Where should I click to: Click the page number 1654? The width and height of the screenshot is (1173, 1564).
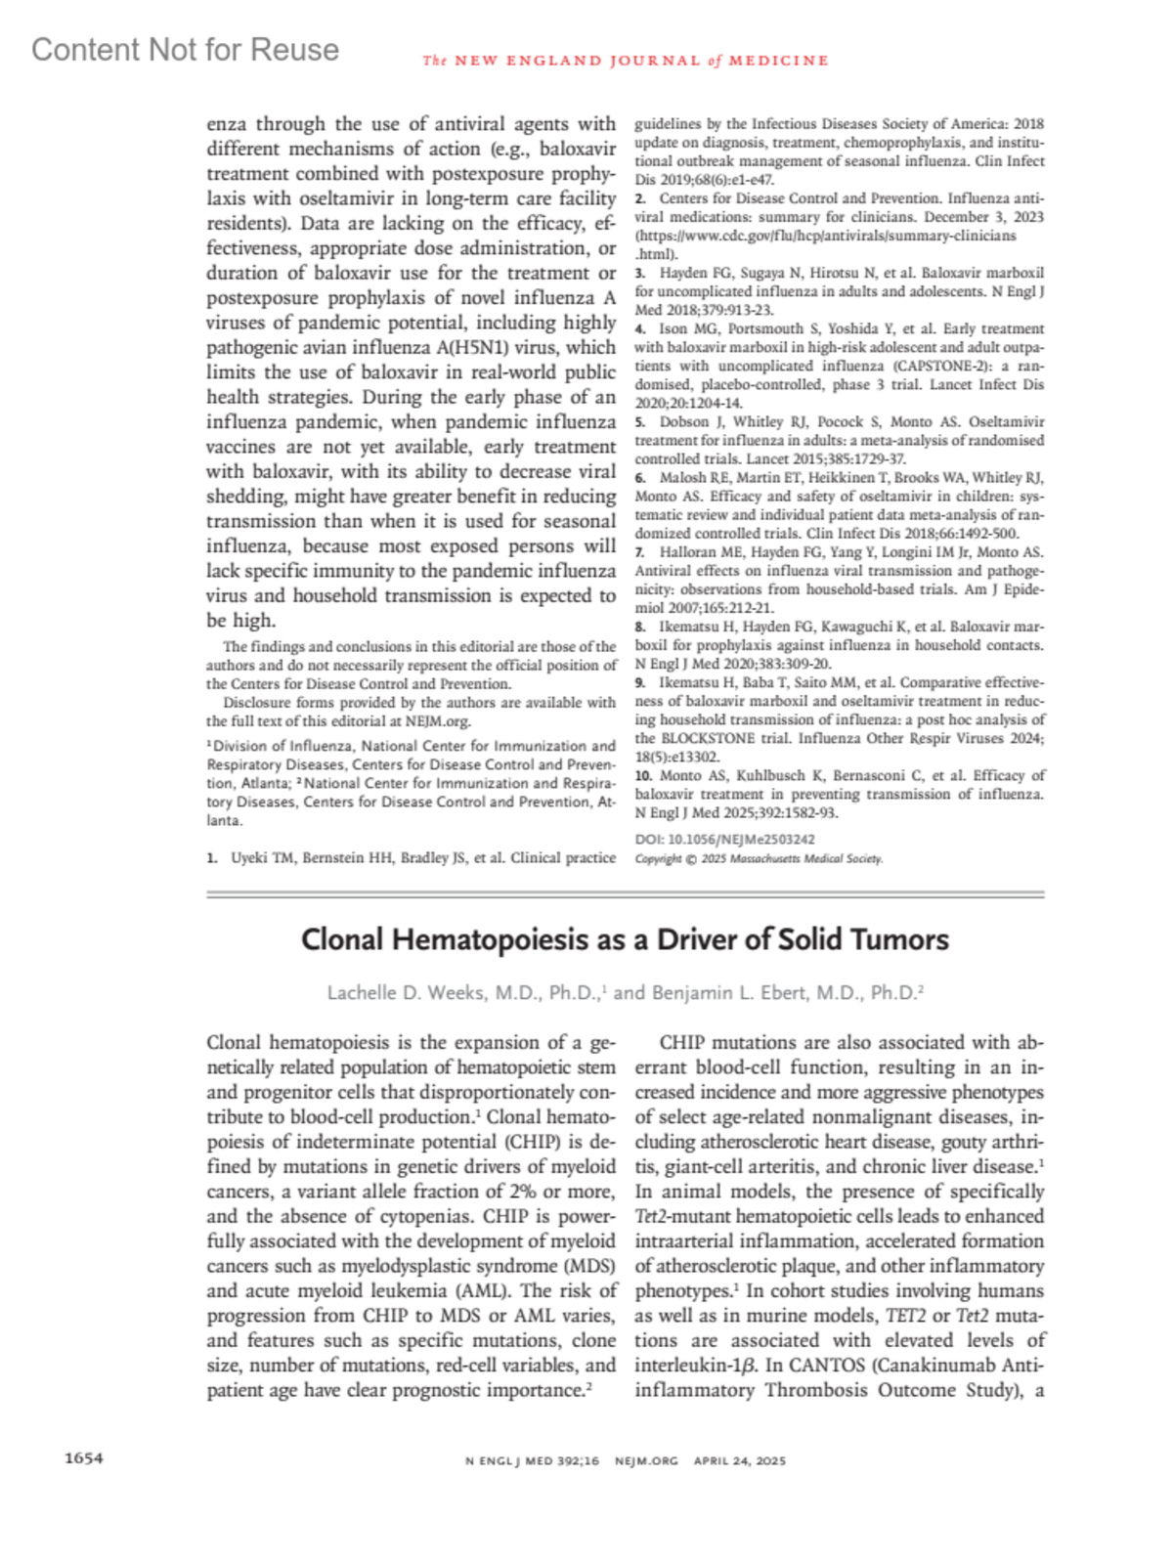pos(83,1458)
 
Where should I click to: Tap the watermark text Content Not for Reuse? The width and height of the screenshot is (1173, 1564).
pos(185,49)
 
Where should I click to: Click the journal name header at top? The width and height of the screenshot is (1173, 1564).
pos(626,61)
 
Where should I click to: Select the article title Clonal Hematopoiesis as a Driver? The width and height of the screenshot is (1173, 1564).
pos(625,939)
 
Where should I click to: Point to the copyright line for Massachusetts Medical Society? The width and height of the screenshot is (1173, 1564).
pos(759,858)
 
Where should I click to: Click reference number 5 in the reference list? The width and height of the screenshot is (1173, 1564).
pos(639,422)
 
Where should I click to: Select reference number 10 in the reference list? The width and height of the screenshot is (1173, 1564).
pos(642,775)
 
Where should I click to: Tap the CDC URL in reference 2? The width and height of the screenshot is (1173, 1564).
pos(826,236)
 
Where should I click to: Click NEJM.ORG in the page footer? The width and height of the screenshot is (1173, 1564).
pos(646,1460)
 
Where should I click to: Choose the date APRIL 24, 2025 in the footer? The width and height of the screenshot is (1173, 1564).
pos(739,1460)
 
